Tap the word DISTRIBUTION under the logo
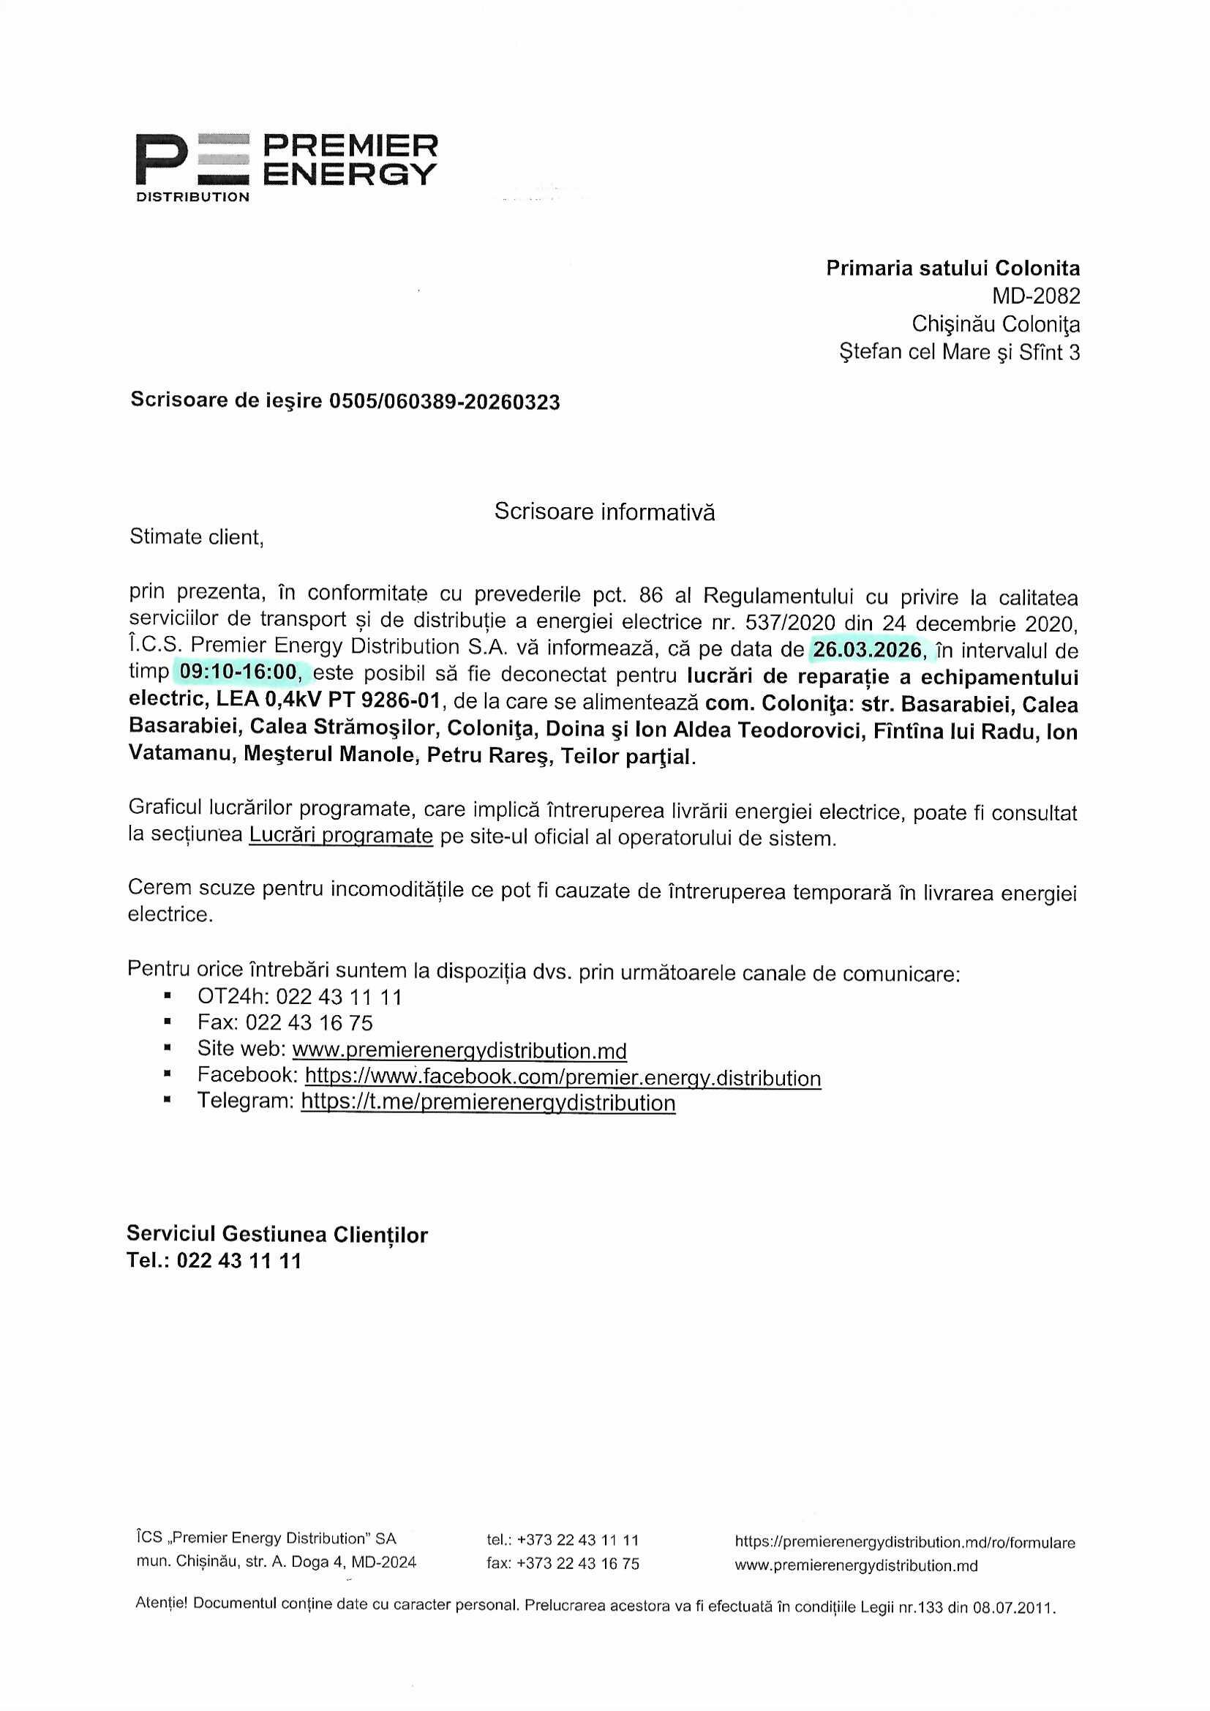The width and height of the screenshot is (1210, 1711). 192,198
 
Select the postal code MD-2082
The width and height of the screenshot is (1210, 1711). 1035,296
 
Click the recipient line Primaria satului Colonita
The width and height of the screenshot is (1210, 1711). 952,269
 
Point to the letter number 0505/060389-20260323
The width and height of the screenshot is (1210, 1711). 444,403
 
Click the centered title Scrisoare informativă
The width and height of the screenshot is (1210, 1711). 604,512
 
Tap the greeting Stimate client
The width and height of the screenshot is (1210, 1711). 197,537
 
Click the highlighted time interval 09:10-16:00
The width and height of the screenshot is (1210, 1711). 238,673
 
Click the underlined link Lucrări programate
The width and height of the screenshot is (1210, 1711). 340,836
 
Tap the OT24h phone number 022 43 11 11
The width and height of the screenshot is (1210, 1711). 339,997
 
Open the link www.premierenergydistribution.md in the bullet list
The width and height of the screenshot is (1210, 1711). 459,1050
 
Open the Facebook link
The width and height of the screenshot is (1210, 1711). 563,1077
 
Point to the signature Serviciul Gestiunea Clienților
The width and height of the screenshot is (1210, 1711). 277,1234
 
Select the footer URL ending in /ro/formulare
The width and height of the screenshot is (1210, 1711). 904,1542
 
